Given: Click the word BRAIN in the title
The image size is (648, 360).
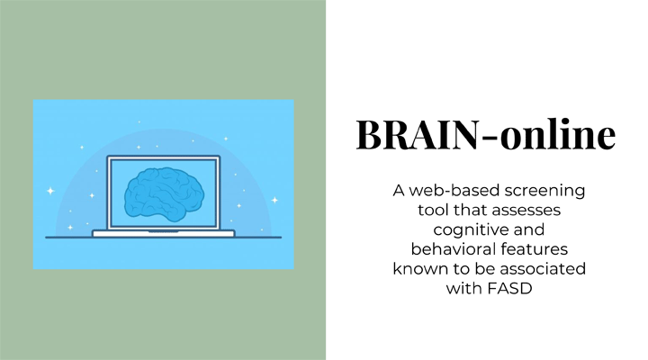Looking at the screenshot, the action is point(417,135).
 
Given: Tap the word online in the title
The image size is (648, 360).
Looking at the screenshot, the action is point(558,134).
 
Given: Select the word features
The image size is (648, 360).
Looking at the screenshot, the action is point(535,249).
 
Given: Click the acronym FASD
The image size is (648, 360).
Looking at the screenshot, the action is point(510,289).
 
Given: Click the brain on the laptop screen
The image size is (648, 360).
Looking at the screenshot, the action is point(164,193).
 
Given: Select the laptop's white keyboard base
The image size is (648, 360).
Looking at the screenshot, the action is point(164,233).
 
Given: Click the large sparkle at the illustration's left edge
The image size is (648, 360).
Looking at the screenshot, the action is point(50,191).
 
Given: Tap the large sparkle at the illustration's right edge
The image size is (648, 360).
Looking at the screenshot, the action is point(274,200).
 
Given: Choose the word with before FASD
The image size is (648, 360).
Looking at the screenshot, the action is point(465,289).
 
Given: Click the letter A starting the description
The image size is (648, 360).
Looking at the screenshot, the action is point(399,191).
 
